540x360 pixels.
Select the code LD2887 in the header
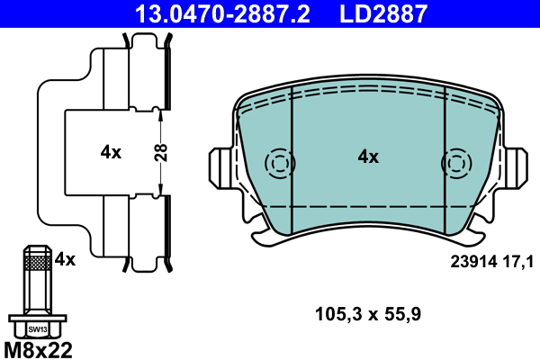point(382,13)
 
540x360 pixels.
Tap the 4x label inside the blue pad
point(368,157)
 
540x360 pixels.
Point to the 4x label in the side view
point(111,152)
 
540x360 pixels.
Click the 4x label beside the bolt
point(65,259)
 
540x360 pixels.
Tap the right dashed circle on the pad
point(455,163)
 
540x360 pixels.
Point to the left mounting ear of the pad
point(221,167)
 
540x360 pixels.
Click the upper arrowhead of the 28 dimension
point(160,112)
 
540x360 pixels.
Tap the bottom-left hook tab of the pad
point(264,235)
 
